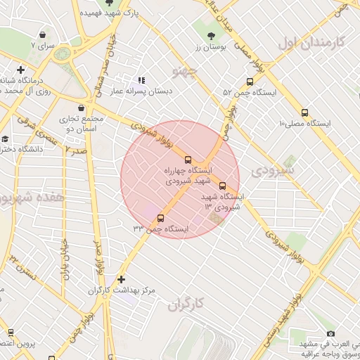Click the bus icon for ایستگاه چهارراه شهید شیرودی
click(187, 160)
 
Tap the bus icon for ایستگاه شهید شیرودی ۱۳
click(223, 186)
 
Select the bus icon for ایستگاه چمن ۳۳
click(160, 218)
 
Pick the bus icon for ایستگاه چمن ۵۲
click(250, 82)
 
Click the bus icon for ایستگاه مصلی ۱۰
click(304, 112)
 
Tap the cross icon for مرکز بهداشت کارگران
click(122, 279)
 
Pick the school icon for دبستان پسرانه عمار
click(141, 81)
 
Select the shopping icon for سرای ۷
click(43, 34)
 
